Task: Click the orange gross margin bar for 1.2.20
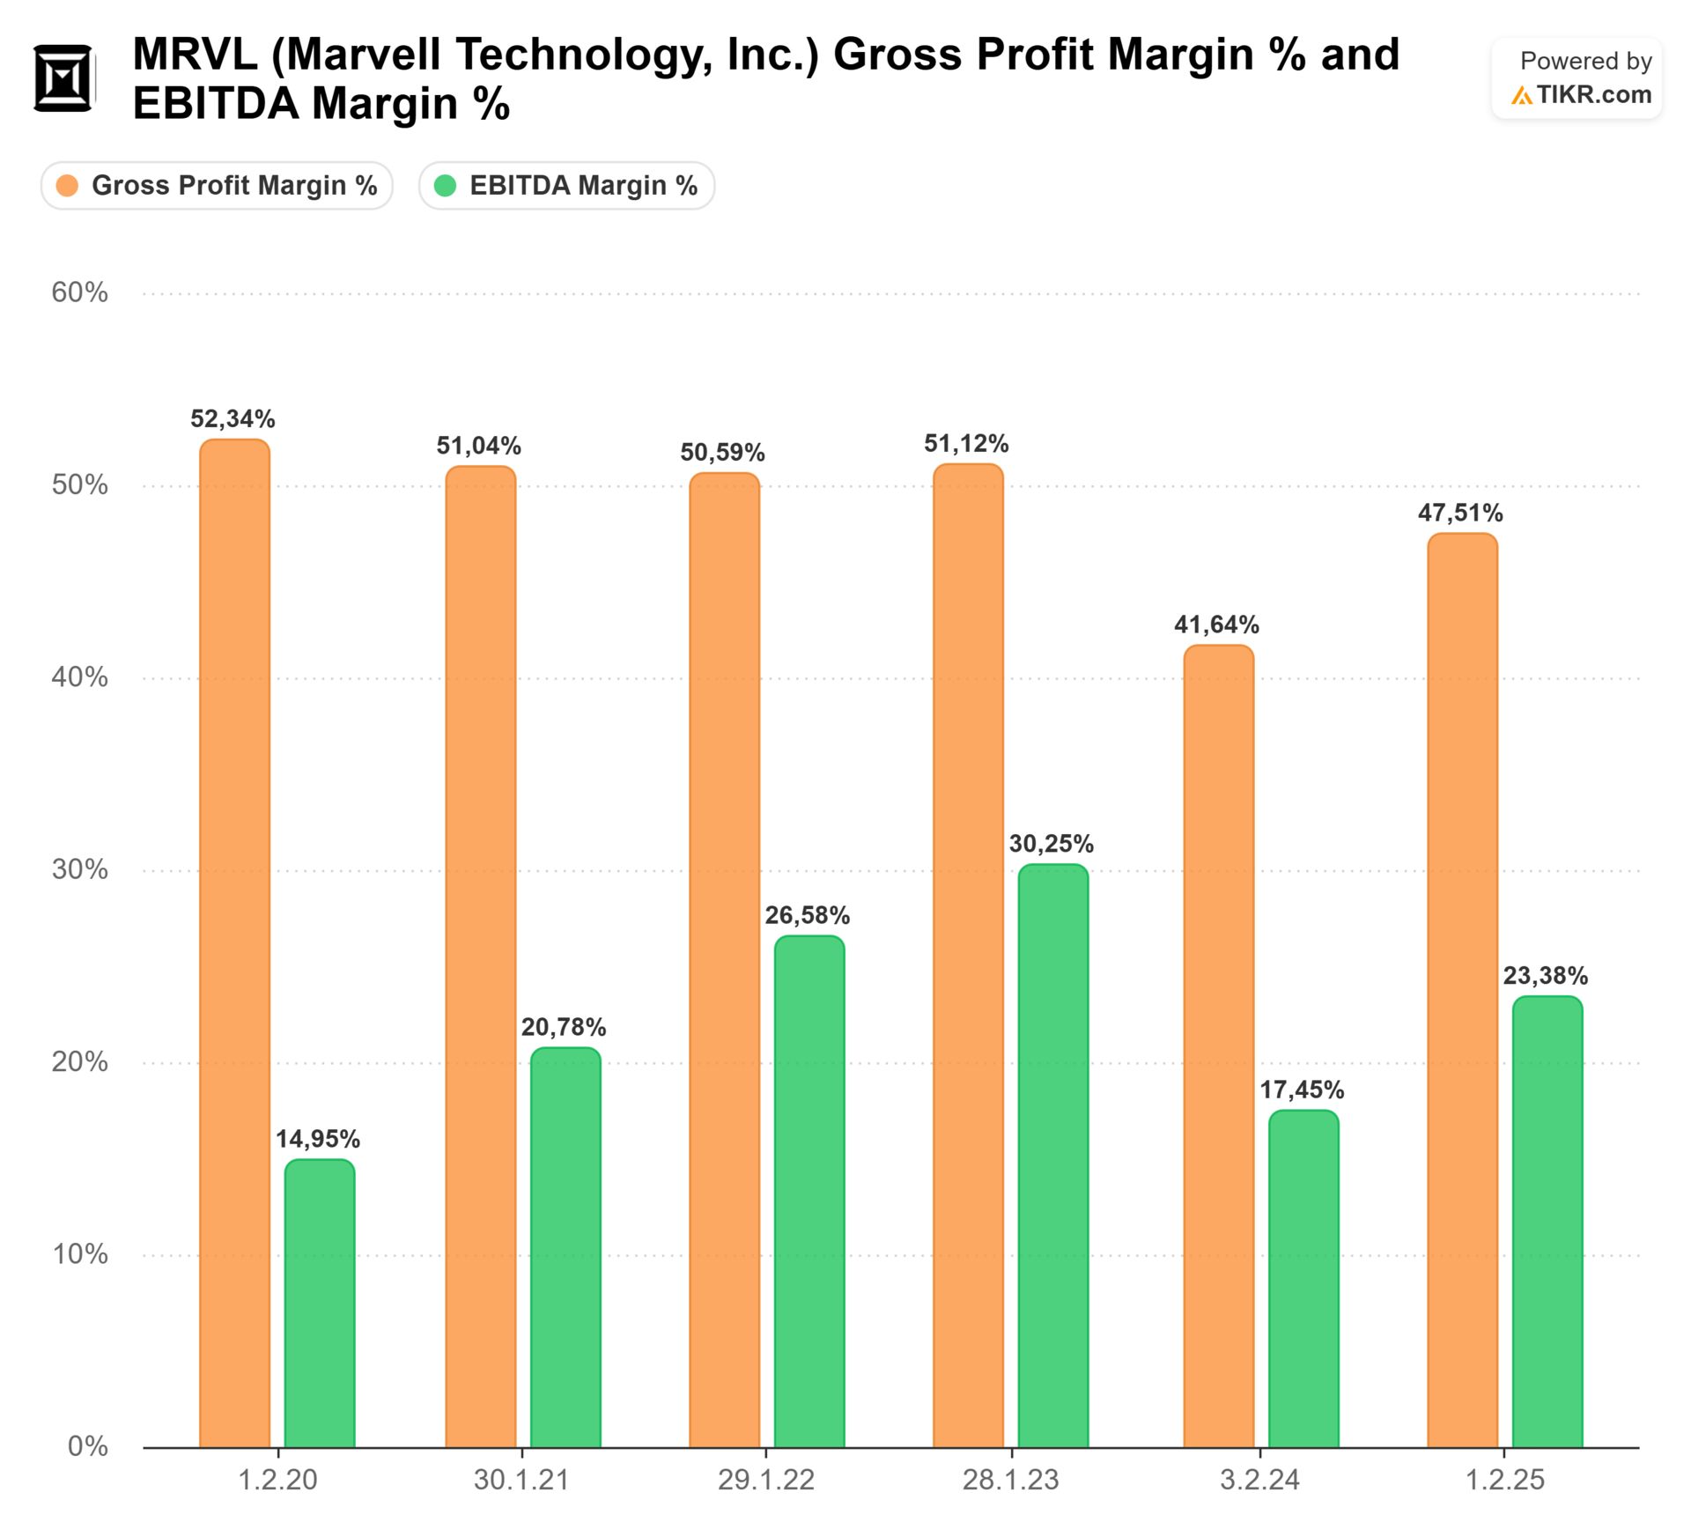(x=234, y=942)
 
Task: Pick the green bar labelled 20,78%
(x=565, y=1247)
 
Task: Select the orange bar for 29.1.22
(x=724, y=960)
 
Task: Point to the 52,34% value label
(x=233, y=419)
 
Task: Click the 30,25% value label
(x=1051, y=844)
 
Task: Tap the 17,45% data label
(x=1301, y=1090)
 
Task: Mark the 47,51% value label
(x=1459, y=513)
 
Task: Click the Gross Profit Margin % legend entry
(x=218, y=186)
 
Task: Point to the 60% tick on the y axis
(x=79, y=292)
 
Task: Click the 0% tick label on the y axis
(x=87, y=1446)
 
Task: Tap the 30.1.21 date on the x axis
(x=521, y=1480)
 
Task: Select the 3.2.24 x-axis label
(x=1259, y=1480)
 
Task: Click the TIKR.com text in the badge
(x=1593, y=95)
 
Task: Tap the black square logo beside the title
(x=63, y=78)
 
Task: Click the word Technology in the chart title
(x=582, y=55)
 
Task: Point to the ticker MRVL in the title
(x=195, y=55)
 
